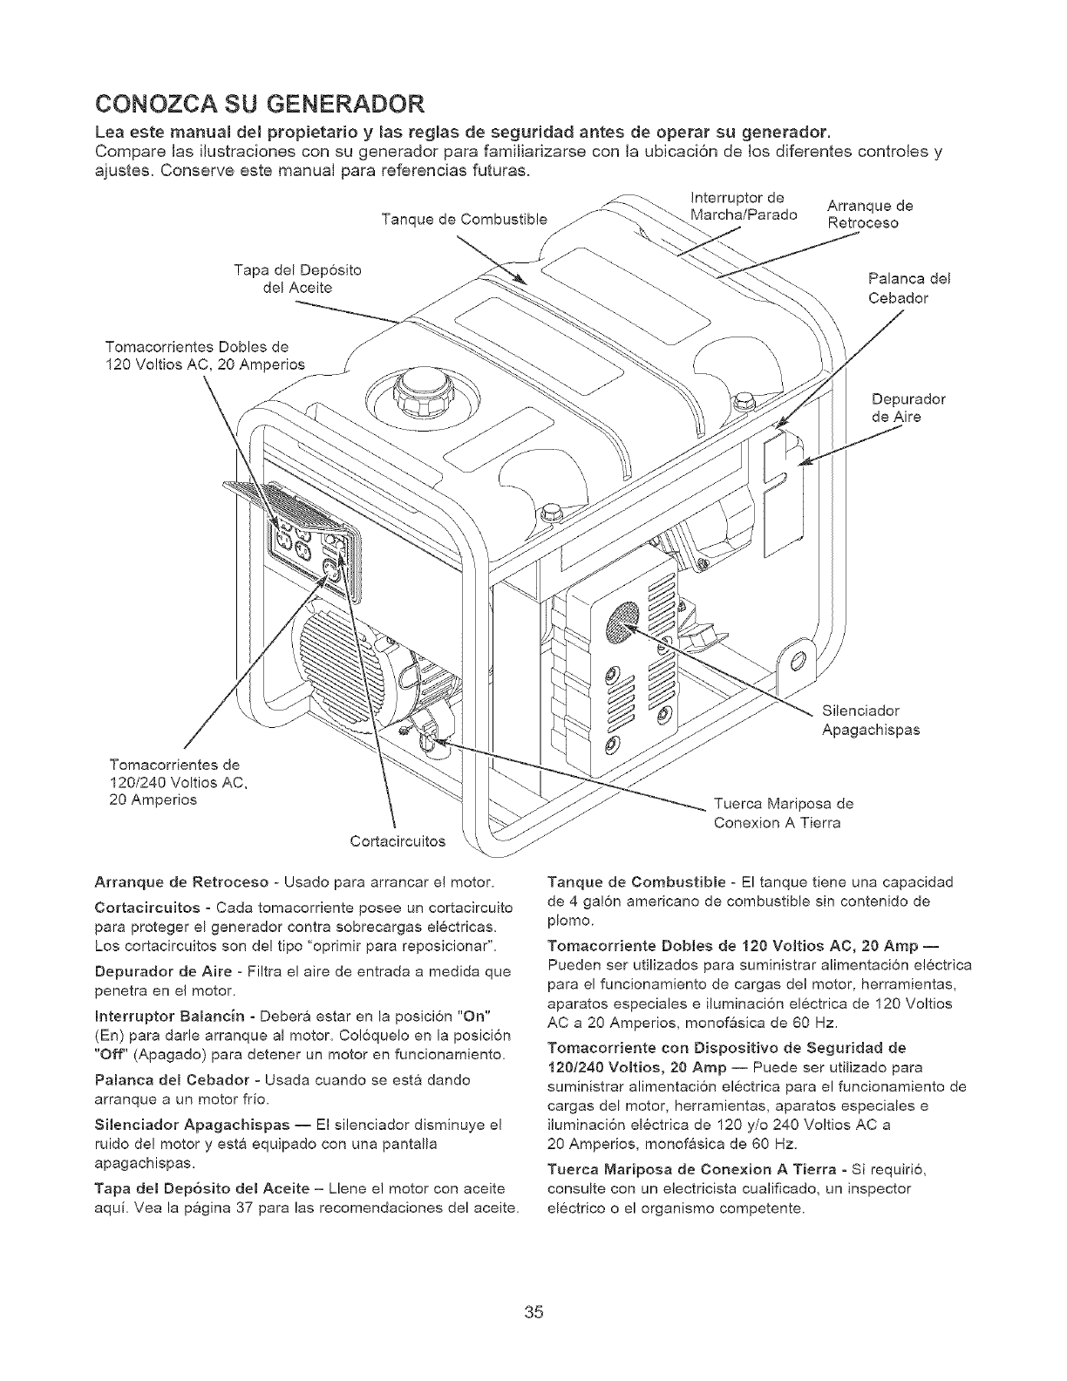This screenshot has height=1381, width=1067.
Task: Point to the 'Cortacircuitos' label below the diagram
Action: [x=397, y=841]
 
